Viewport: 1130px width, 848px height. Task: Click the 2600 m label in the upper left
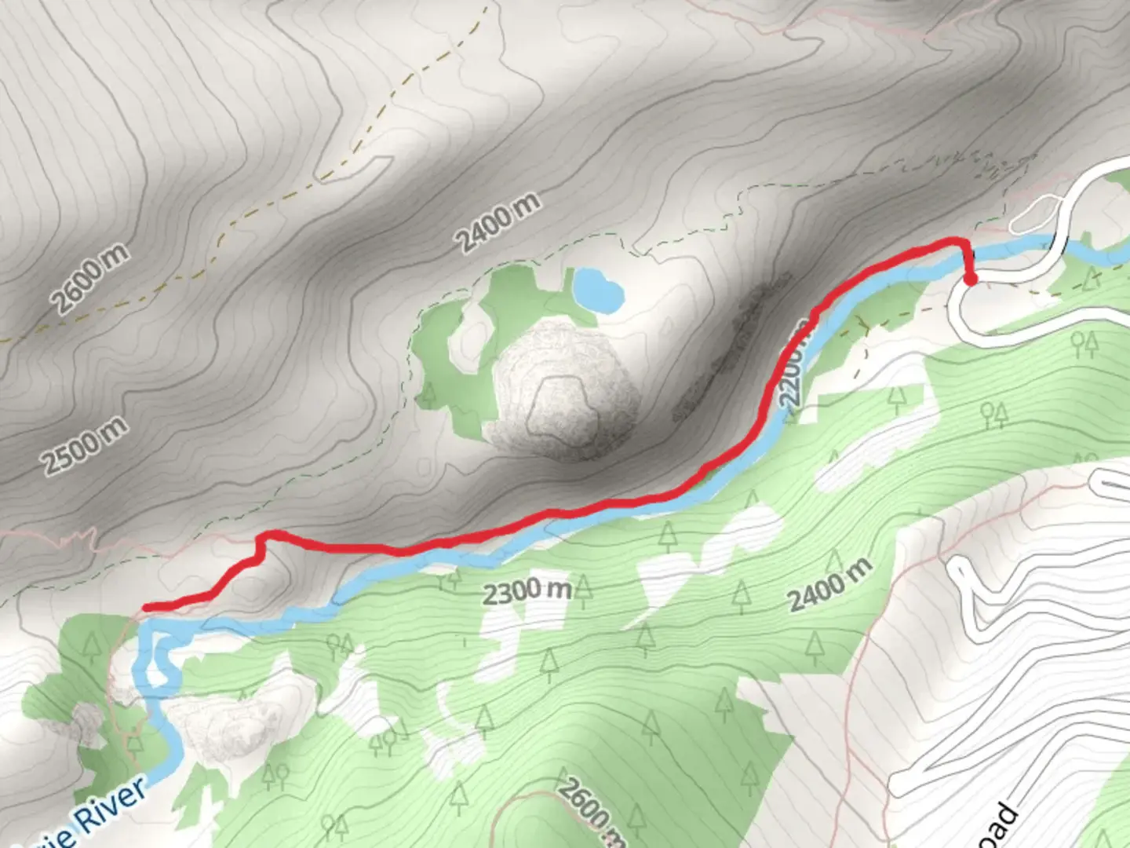pyautogui.click(x=89, y=278)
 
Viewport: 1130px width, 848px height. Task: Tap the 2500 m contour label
pyautogui.click(x=85, y=445)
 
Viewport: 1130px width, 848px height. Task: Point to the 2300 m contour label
pyautogui.click(x=526, y=590)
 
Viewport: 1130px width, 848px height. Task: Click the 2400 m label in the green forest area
pyautogui.click(x=829, y=585)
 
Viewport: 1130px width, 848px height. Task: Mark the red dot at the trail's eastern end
pyautogui.click(x=971, y=279)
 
